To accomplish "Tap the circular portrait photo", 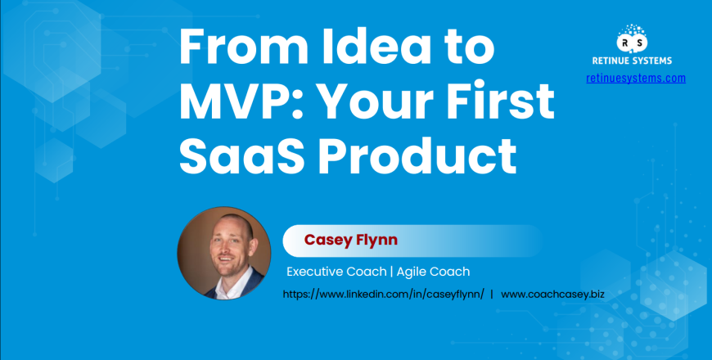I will pyautogui.click(x=224, y=252).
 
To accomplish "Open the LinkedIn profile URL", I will pyautogui.click(x=383, y=293).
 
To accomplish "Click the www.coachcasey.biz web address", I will pyautogui.click(x=552, y=293).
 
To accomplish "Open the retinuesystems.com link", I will pyautogui.click(x=635, y=79).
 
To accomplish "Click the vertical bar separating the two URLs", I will pyautogui.click(x=491, y=293).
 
